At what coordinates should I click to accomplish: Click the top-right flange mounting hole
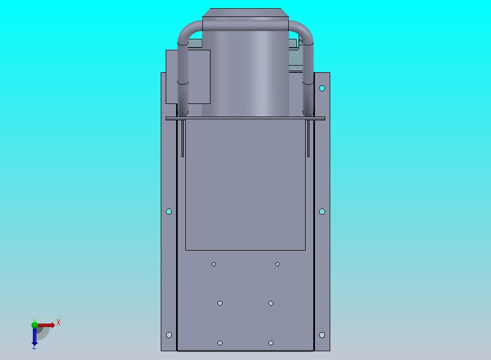tap(322, 88)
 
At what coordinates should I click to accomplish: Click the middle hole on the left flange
tap(169, 212)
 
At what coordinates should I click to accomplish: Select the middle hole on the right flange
tap(322, 212)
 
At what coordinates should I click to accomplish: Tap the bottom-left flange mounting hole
tap(169, 335)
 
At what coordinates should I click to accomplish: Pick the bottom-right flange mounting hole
tap(322, 335)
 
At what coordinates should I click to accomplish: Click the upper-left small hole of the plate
tap(214, 264)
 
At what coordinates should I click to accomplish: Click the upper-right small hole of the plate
tap(277, 264)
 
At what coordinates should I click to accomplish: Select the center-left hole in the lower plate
tap(220, 303)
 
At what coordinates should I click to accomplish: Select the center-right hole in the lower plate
tap(271, 303)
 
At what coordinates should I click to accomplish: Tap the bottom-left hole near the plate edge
tap(220, 343)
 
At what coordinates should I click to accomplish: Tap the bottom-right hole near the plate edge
tap(271, 343)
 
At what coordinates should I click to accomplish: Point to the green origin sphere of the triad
tap(34, 324)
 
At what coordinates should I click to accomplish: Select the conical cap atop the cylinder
tap(245, 13)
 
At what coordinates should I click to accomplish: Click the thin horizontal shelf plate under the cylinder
tap(245, 118)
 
